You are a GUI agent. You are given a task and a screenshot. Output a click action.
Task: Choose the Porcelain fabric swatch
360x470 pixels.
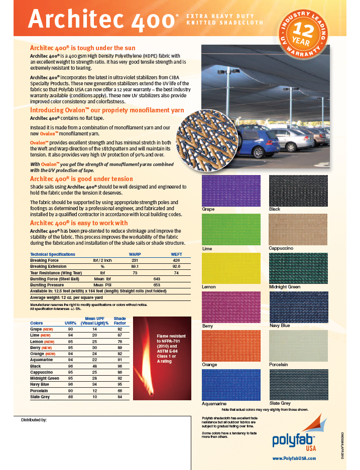tap(298, 346)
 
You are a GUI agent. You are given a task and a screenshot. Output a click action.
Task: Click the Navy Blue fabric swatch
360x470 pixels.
tap(298, 306)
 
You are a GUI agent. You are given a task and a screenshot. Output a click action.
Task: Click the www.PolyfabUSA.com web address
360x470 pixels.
tap(294, 458)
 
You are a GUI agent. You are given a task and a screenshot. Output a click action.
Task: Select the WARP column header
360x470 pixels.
tap(135, 254)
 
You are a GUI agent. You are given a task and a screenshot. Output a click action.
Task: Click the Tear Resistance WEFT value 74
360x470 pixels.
tap(176, 272)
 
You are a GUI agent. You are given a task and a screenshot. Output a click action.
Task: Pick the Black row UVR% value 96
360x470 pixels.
tap(70, 367)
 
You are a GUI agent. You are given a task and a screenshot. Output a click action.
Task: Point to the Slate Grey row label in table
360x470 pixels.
tap(41, 397)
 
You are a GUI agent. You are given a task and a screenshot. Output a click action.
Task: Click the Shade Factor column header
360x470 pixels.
tap(120, 321)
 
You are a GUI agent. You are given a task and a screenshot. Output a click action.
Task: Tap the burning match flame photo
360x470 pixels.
tap(162, 358)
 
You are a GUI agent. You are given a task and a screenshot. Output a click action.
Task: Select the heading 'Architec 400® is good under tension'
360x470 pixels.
tap(81, 179)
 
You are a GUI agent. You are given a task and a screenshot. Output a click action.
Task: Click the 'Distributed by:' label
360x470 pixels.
tap(34, 420)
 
